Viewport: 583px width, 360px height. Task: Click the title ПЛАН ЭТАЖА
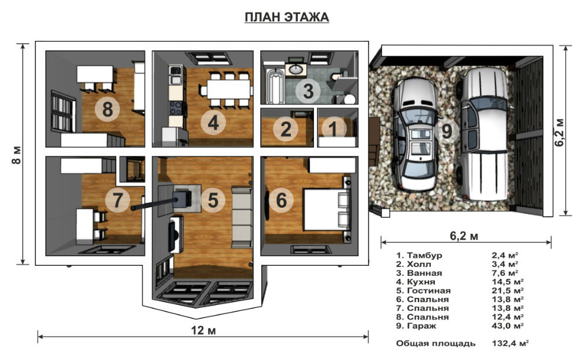coord(287,17)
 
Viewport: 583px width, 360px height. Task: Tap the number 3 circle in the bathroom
coord(308,91)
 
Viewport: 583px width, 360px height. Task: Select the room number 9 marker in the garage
coord(447,131)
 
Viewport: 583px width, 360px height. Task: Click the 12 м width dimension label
coord(203,330)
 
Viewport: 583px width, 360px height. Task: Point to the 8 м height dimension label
coord(17,155)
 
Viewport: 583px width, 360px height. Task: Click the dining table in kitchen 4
coord(229,89)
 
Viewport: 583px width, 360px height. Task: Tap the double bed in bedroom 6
coord(326,209)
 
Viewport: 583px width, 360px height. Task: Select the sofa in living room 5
coord(242,217)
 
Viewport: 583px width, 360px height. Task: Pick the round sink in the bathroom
coord(296,69)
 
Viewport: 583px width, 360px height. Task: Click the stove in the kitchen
coord(176,108)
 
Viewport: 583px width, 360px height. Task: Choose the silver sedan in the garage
coord(416,134)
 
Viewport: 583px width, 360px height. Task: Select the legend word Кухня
coord(421,282)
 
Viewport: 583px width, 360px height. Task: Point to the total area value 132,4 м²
coord(510,343)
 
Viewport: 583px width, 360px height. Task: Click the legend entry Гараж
coord(422,326)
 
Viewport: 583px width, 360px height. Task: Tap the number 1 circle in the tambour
coord(334,128)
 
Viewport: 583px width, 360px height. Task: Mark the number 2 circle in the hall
coord(286,129)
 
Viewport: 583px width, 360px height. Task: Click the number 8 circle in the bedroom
coord(107,109)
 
